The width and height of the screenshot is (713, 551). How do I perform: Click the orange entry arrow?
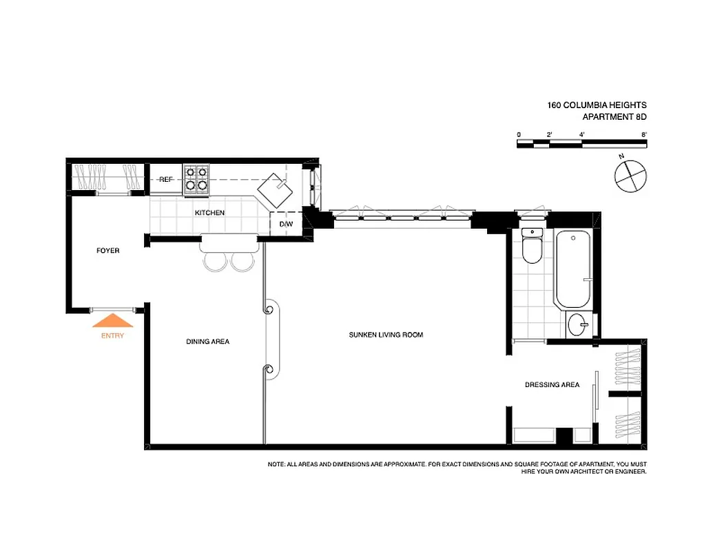pos(112,321)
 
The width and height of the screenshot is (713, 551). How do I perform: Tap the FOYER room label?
pos(107,251)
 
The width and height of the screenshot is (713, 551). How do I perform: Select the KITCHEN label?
pos(209,213)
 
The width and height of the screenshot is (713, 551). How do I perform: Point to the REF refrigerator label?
pos(165,179)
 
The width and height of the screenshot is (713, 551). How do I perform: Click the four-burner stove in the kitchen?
pos(196,178)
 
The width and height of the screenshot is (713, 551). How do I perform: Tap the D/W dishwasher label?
pos(285,224)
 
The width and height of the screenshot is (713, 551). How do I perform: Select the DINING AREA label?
pos(207,342)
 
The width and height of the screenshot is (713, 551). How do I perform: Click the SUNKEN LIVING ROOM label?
pos(386,335)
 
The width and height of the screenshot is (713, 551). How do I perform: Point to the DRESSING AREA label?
pos(552,385)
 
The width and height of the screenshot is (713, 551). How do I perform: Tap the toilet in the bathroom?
pos(533,247)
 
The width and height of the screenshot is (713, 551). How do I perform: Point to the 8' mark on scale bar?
pos(643,134)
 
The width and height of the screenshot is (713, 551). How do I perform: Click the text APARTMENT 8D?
pos(614,117)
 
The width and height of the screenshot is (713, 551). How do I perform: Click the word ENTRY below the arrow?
pos(112,336)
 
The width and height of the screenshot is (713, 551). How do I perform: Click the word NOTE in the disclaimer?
pos(276,465)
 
